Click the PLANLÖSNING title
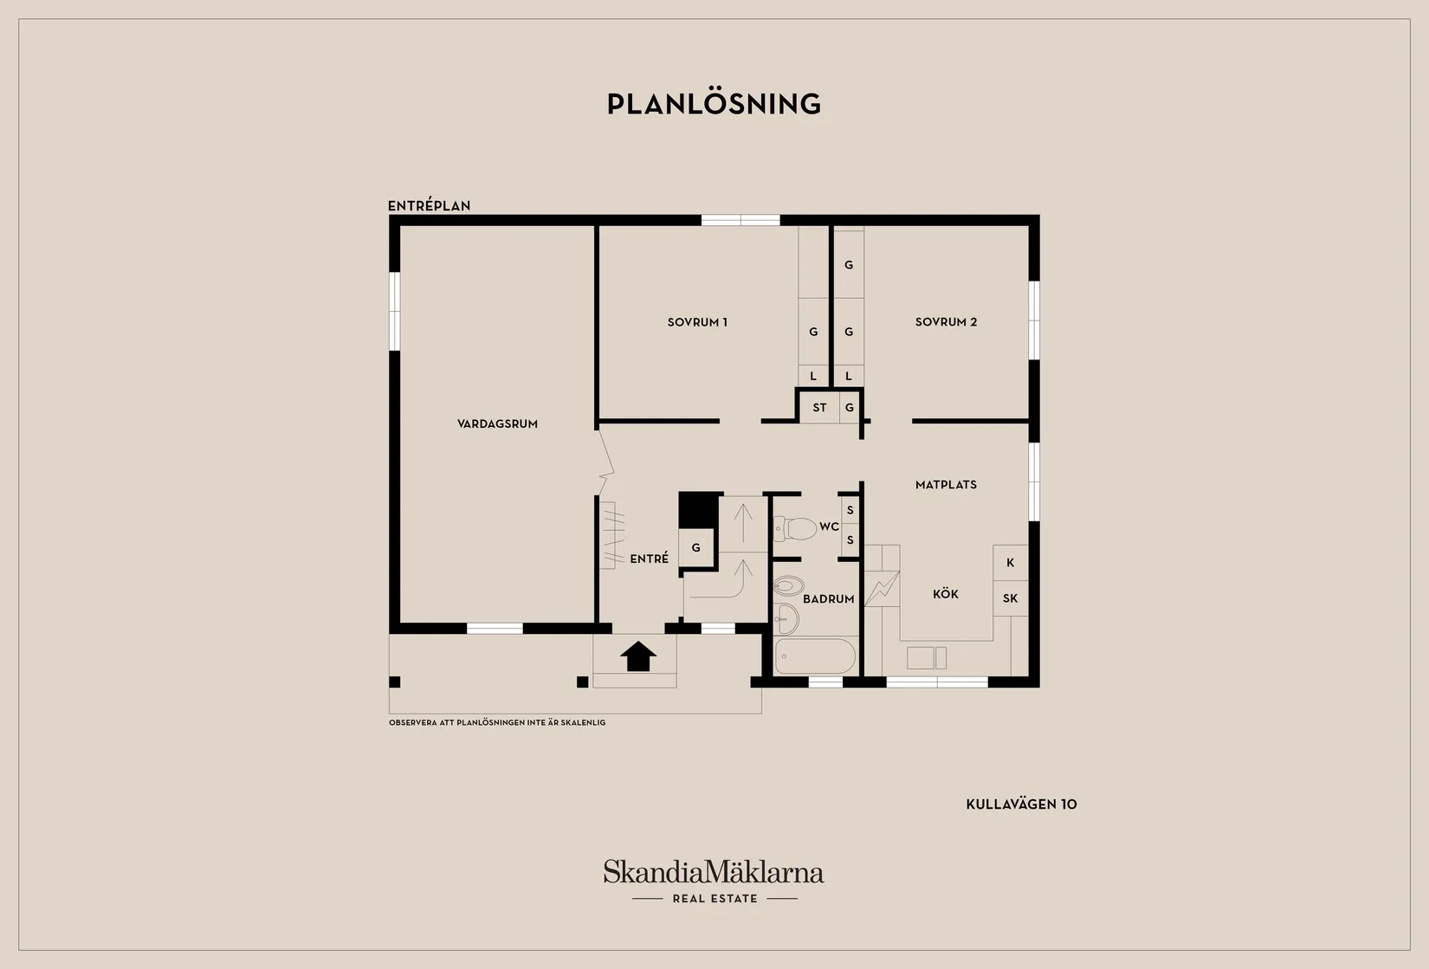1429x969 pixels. click(x=714, y=104)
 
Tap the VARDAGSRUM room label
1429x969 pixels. click(x=498, y=423)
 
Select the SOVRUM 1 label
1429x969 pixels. click(x=697, y=322)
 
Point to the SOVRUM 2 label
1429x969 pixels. click(x=946, y=322)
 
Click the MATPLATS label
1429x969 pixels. click(x=946, y=485)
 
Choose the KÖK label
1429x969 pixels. click(x=946, y=594)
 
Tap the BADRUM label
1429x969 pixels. click(x=828, y=599)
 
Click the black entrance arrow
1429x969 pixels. click(x=638, y=656)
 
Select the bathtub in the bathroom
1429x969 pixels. click(x=815, y=656)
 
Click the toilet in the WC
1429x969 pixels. click(x=795, y=528)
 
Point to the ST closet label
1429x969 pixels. click(x=820, y=408)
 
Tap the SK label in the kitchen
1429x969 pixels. click(x=1011, y=598)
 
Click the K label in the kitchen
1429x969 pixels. click(x=1011, y=563)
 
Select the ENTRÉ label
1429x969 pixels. click(x=650, y=559)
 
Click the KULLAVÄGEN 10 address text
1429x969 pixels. click(x=1021, y=804)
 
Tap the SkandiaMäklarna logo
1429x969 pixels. click(x=714, y=881)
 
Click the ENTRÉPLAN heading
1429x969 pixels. click(x=430, y=205)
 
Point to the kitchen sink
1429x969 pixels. click(x=927, y=658)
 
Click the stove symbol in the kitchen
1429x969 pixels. click(x=882, y=588)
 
